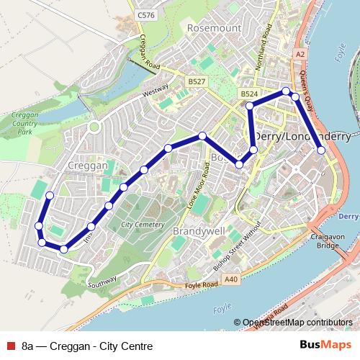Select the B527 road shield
point(196,81)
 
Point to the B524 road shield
point(249,94)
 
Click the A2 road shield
point(300,53)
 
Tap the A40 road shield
point(230,279)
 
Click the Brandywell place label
point(198,231)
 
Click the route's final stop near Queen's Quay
point(321,150)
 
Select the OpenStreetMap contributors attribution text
point(297,323)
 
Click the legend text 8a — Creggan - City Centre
point(86,346)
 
